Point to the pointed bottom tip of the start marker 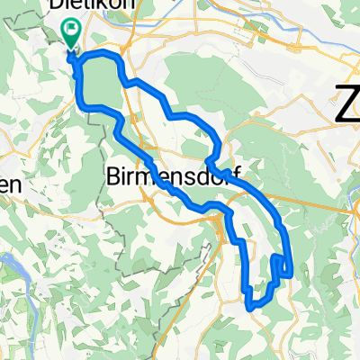point(70,49)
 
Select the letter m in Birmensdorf point(147,175)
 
